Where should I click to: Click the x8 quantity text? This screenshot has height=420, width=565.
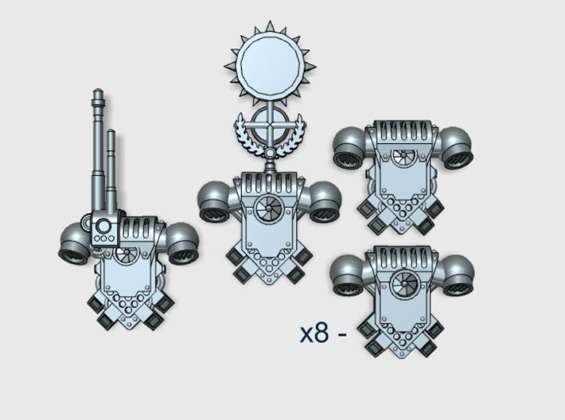coord(314,333)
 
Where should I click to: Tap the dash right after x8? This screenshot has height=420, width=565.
coord(342,335)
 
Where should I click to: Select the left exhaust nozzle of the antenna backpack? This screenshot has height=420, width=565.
coord(76,246)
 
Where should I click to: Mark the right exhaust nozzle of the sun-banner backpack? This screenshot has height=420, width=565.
coord(323,204)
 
